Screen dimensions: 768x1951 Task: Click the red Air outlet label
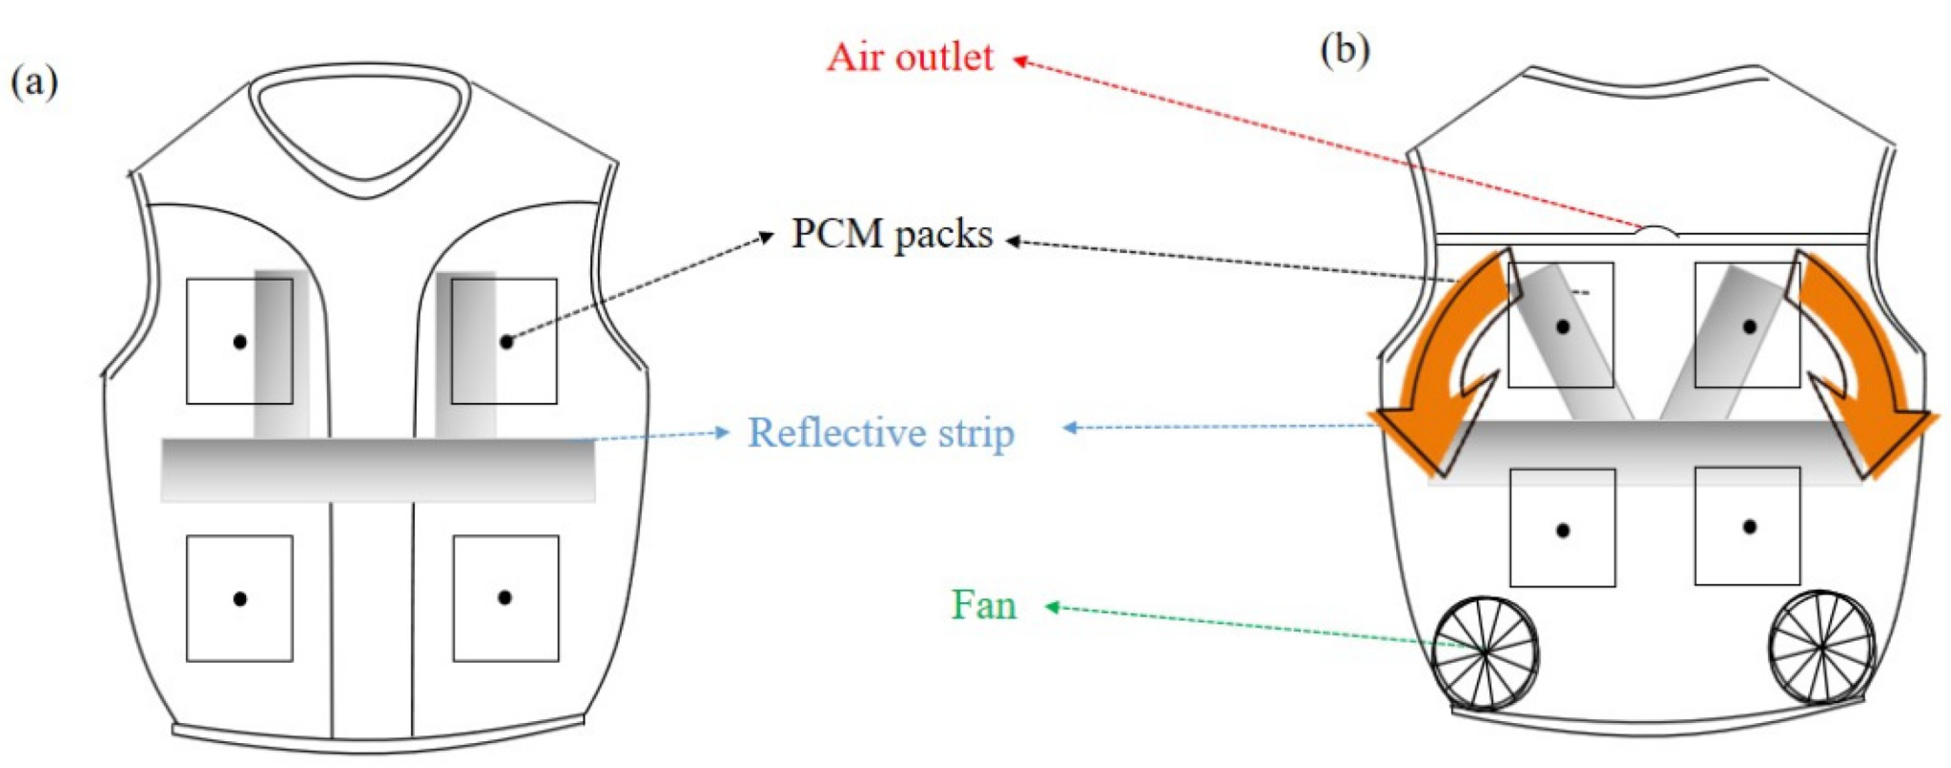click(909, 57)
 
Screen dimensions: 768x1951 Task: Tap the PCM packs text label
click(891, 235)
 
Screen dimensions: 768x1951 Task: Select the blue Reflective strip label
click(881, 433)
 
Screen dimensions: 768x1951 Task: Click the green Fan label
click(983, 605)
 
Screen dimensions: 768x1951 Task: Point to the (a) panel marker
click(34, 81)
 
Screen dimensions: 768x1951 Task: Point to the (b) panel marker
click(1344, 50)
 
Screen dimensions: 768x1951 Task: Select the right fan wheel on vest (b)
click(1821, 647)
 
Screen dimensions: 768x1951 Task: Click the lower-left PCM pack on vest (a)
click(240, 599)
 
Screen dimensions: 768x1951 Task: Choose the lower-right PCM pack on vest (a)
click(506, 599)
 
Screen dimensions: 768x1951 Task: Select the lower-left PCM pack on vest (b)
click(1562, 528)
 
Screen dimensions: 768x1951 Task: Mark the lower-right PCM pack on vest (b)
click(1748, 526)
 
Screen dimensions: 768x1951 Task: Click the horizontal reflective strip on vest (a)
click(378, 469)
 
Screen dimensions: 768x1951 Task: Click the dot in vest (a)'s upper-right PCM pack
click(506, 342)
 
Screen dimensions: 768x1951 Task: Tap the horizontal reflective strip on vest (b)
click(1644, 452)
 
